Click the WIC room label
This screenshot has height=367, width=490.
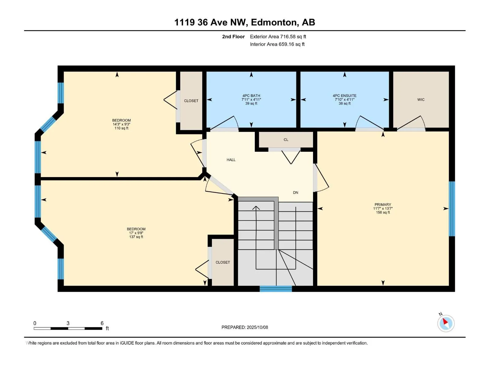(420, 100)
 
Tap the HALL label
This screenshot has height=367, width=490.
(231, 160)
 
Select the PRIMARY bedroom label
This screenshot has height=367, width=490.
(383, 205)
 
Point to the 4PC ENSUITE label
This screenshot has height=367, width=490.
(344, 96)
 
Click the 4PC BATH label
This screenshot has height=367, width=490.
(251, 96)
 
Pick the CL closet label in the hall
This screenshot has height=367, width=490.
(286, 140)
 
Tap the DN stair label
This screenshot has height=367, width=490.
(295, 193)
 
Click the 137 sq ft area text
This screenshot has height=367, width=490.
(136, 237)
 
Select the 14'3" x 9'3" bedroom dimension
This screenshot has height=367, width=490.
(121, 124)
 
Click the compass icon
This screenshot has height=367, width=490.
(446, 323)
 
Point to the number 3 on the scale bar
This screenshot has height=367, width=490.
(68, 323)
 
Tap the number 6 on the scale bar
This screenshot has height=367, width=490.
(102, 323)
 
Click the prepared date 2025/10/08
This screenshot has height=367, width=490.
(257, 327)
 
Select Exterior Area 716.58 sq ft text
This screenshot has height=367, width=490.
(278, 36)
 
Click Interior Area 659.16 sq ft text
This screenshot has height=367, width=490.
(277, 44)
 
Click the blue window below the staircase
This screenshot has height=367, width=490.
(276, 289)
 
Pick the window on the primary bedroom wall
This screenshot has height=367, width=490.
(452, 209)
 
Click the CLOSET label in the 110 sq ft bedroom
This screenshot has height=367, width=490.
(191, 101)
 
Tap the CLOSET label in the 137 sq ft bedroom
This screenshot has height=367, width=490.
(223, 262)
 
